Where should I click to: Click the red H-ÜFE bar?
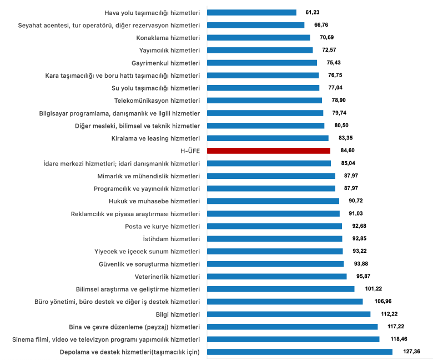coord(268,151)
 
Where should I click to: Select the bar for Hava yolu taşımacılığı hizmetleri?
coord(251,12)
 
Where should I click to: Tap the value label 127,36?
coord(412,352)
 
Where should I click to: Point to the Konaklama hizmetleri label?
coord(168,38)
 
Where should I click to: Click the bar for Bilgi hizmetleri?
coord(289,314)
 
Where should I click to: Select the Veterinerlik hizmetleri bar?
coord(276,276)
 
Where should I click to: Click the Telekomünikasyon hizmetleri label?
coord(157,101)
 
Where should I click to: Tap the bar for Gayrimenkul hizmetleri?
coord(261,63)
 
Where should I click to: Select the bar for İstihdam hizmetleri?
coord(274,238)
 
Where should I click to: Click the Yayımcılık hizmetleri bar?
coord(260,50)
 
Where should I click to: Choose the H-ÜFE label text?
coord(188,151)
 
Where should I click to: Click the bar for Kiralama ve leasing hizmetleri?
coord(268,138)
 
